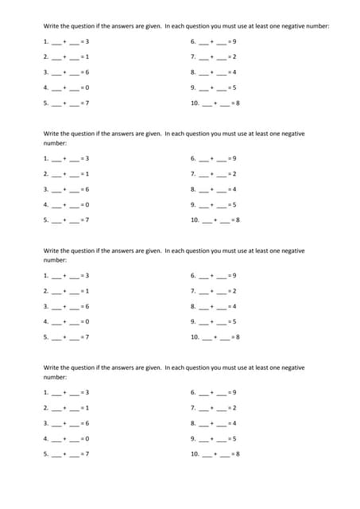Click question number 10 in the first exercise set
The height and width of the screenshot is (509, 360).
pos(195,103)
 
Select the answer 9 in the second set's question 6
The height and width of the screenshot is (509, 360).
pos(234,158)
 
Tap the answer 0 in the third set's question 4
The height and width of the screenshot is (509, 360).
pos(87,321)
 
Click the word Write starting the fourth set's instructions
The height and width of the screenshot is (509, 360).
pos(51,367)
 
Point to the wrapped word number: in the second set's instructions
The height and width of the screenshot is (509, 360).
pos(55,143)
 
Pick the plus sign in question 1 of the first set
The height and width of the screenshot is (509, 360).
pos(65,41)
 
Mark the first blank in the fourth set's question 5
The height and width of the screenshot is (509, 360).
pos(56,454)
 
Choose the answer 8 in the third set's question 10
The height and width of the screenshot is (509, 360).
pos(238,337)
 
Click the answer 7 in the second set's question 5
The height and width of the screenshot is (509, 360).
pos(87,220)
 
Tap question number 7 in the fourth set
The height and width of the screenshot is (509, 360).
pos(193,407)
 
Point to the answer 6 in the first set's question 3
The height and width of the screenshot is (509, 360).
pos(87,72)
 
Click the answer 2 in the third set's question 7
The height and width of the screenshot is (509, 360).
pos(234,291)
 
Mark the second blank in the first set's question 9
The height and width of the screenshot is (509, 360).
pos(220,88)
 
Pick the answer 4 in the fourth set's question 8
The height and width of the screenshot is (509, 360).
pos(234,423)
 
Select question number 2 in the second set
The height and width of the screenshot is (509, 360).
pos(46,174)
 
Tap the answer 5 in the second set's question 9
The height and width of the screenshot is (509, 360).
pos(234,205)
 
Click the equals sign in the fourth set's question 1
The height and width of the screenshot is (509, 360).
pos(82,392)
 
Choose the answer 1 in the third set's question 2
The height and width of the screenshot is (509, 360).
pos(87,291)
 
